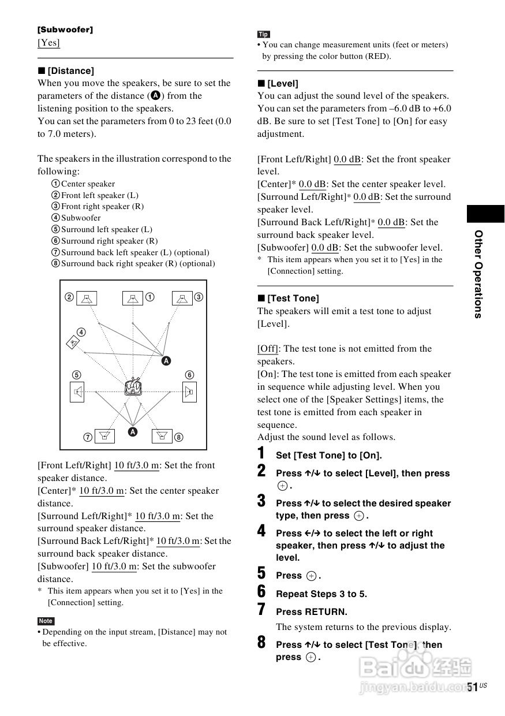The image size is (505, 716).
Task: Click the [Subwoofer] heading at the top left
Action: pos(65,29)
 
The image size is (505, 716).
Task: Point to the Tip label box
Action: pos(264,34)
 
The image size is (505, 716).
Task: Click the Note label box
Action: pos(46,621)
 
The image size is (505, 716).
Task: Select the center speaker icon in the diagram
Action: pos(133,299)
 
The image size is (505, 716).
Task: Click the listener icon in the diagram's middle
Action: pos(133,385)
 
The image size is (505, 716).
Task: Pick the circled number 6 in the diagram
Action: pos(189,375)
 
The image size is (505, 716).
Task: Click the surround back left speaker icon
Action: pos(105,436)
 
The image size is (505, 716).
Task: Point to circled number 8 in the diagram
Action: pos(179,437)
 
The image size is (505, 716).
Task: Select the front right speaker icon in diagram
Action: pos(182,299)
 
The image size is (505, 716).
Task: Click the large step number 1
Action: pos(261,453)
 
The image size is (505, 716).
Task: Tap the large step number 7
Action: pos(261,609)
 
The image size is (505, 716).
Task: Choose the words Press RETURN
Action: pos(312,612)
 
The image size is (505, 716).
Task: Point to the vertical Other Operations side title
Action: pos(478,274)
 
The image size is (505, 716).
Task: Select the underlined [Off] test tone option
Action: pos(268,349)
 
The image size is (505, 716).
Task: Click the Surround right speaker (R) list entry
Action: pos(109,241)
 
